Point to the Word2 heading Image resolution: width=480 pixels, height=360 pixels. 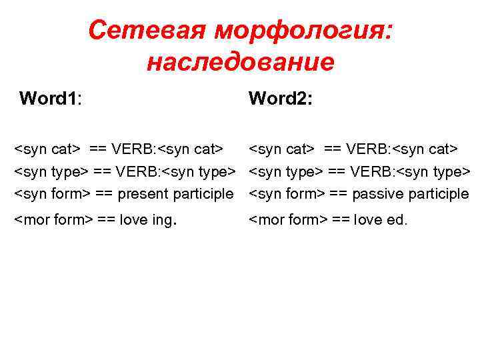pyautogui.click(x=281, y=99)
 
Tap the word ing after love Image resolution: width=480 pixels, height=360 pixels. pyautogui.click(x=161, y=221)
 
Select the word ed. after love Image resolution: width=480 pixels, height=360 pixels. pyautogui.click(x=397, y=220)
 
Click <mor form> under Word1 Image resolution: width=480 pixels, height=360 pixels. pyautogui.click(x=53, y=220)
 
